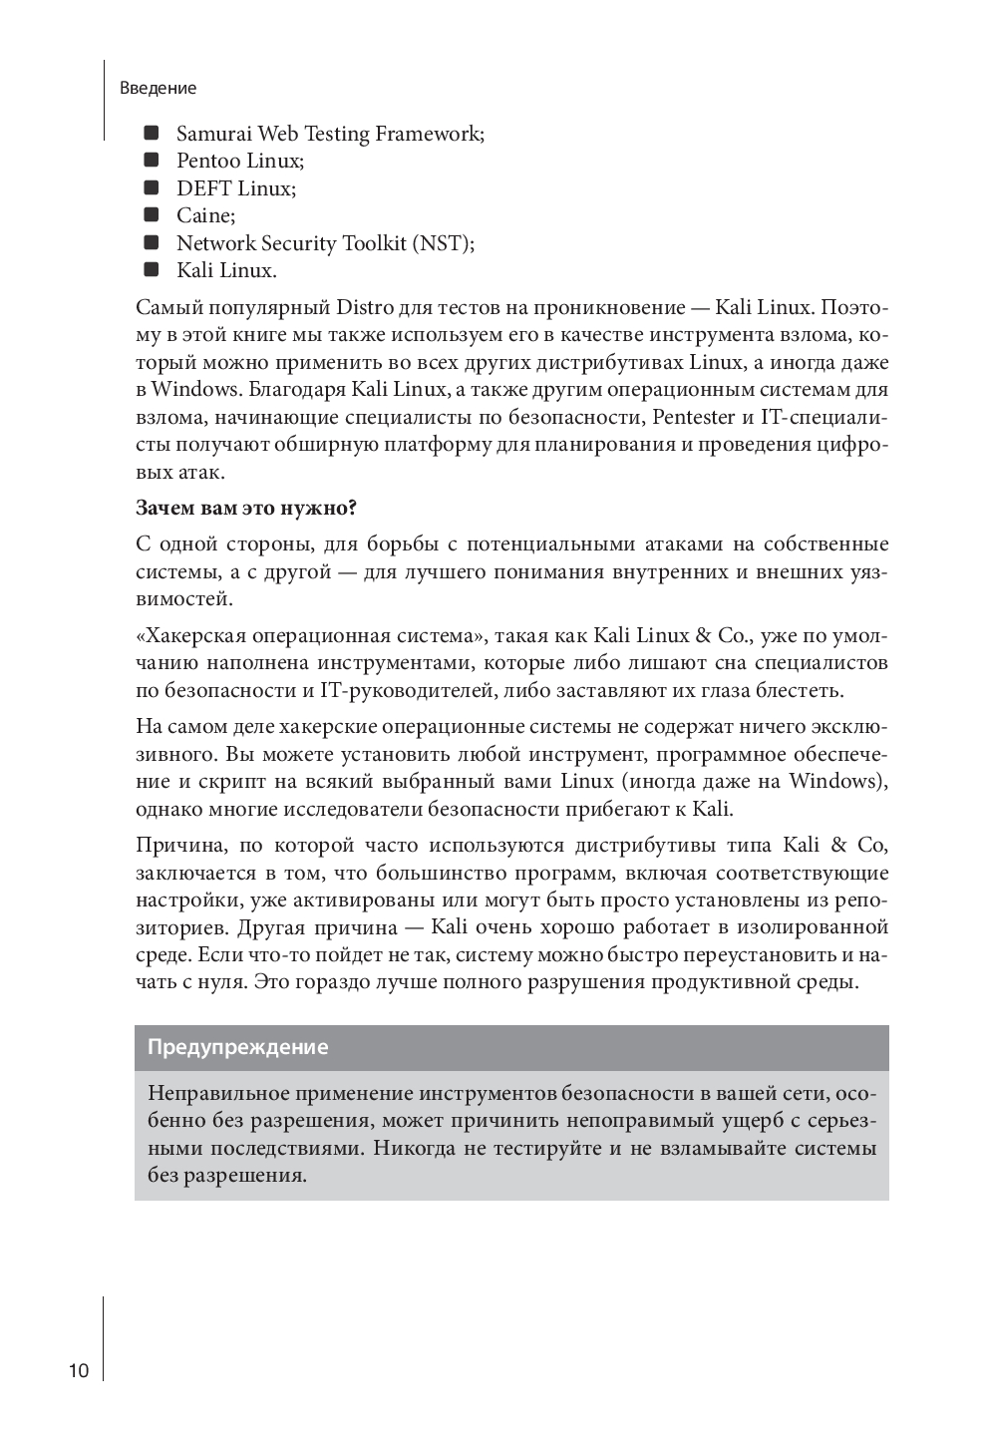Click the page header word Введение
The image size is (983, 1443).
[158, 88]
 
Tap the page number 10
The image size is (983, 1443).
[79, 1370]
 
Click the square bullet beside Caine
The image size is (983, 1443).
[152, 214]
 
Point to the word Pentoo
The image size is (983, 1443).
[209, 161]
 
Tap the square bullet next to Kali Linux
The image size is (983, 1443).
[152, 269]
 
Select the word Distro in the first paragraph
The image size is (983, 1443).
[358, 309]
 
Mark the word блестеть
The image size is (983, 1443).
[801, 690]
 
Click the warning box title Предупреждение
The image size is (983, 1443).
[237, 1048]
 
